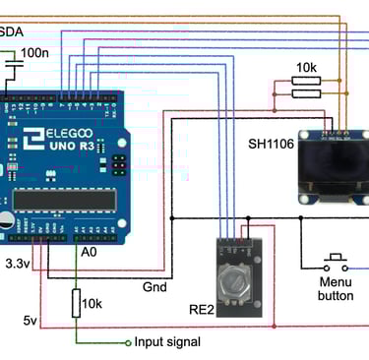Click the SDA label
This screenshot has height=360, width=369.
[12, 32]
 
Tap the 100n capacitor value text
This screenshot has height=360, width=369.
[33, 52]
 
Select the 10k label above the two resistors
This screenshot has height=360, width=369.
[305, 68]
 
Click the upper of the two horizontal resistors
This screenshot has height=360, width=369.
[306, 82]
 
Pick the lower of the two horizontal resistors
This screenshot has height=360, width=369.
[306, 94]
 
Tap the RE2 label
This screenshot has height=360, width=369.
[202, 311]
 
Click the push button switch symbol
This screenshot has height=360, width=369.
[336, 263]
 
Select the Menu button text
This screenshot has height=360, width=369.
[336, 287]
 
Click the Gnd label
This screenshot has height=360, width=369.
[154, 287]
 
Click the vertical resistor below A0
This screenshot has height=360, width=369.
[76, 303]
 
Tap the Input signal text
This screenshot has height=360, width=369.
[167, 342]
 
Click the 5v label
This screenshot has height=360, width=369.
[31, 321]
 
